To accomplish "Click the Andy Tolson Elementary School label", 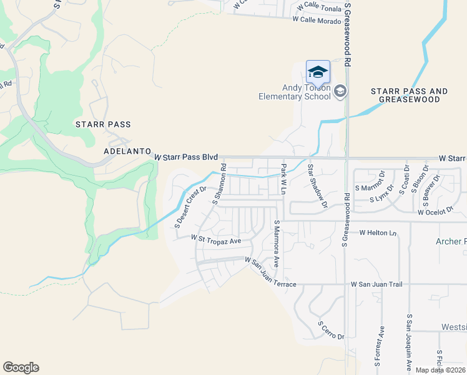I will click(295, 92).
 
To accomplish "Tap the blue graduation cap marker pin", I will click(318, 72).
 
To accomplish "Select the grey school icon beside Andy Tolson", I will click(340, 92).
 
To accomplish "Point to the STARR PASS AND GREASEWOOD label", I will click(409, 95).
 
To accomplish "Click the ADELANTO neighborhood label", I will click(127, 152).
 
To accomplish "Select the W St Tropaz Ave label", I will click(216, 239).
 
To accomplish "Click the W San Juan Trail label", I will click(379, 284).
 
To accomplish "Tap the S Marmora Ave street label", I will click(276, 242).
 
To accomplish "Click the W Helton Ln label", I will click(378, 232).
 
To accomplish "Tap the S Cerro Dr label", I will click(330, 331).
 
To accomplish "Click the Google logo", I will click(21, 367).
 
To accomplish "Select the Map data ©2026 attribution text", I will click(440, 370).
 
